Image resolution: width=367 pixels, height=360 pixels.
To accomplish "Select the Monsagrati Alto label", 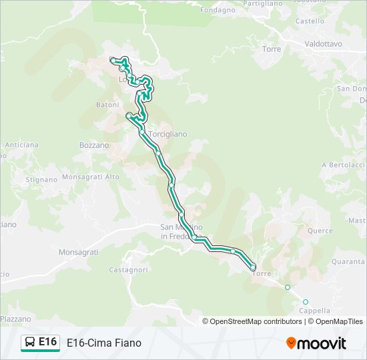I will pyautogui.click(x=91, y=177).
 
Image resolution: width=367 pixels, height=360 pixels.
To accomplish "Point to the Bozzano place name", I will pyautogui.click(x=93, y=145).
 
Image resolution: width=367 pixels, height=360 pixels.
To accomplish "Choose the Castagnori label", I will pyautogui.click(x=128, y=270).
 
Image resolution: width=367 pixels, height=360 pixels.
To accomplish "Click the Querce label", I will pyautogui.click(x=320, y=231).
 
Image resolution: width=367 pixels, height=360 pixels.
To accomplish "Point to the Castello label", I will pyautogui.click(x=310, y=21).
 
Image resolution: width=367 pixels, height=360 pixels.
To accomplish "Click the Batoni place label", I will pyautogui.click(x=107, y=105).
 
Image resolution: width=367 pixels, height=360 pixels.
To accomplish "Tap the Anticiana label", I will pyautogui.click(x=21, y=145).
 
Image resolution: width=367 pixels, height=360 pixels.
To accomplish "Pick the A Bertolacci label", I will pyautogui.click(x=343, y=165).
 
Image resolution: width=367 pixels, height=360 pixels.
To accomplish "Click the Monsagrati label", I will pyautogui.click(x=78, y=252).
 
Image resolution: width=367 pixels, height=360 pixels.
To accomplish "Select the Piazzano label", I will pyautogui.click(x=16, y=319).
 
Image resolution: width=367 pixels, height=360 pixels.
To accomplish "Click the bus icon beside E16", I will pyautogui.click(x=30, y=343).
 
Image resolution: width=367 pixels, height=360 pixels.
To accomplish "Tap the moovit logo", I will pyautogui.click(x=316, y=343).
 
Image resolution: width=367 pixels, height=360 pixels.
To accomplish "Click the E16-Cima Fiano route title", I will pyautogui.click(x=104, y=343).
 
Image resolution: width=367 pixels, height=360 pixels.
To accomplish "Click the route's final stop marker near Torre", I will pyautogui.click(x=253, y=267).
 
